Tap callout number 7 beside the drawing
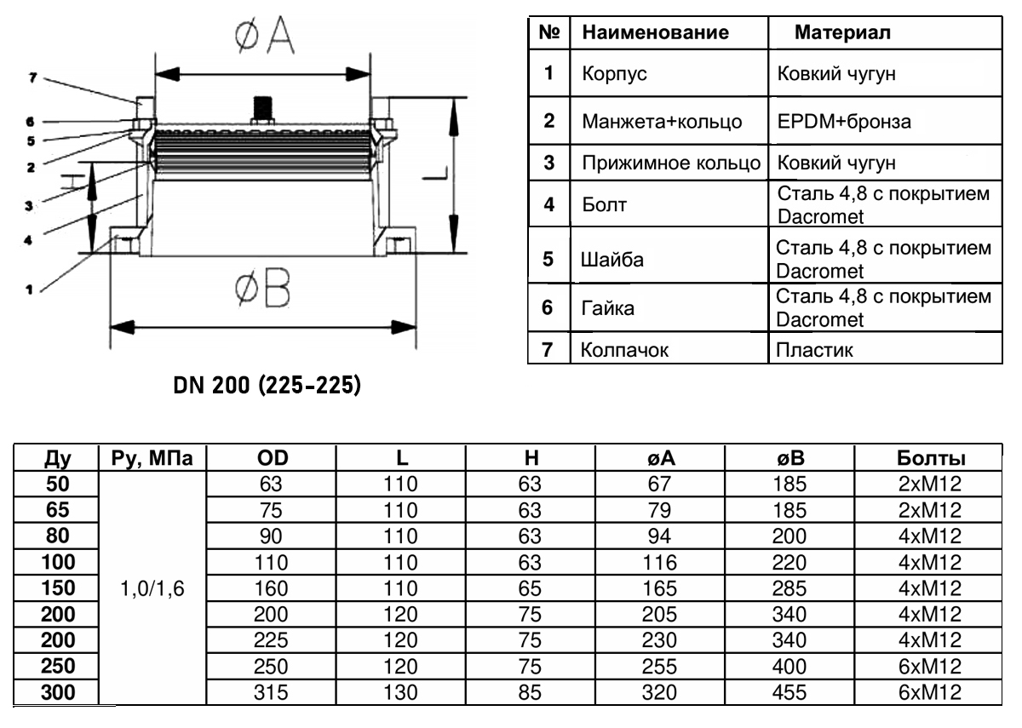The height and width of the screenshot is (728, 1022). tap(32, 77)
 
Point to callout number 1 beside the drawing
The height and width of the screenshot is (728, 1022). tap(29, 289)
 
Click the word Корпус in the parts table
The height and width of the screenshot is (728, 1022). tap(614, 74)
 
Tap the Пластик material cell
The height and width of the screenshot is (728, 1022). tap(814, 349)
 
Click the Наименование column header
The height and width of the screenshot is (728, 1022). tap(655, 34)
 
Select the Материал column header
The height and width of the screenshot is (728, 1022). tap(842, 34)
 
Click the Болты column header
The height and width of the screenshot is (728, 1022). tap(931, 459)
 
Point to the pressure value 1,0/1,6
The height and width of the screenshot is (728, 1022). tap(154, 588)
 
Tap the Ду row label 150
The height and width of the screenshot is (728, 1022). tap(57, 588)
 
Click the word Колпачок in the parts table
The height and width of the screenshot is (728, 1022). tap(617, 349)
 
